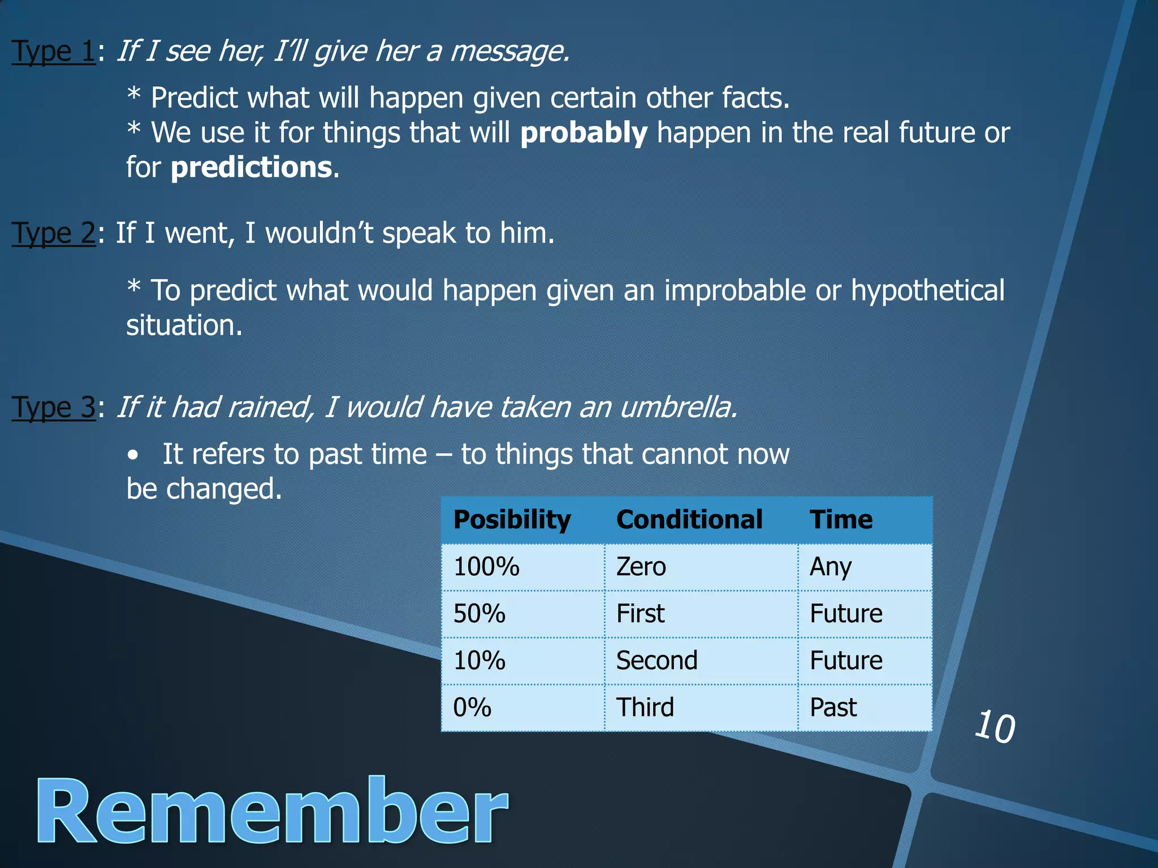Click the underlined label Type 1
pyautogui.click(x=54, y=52)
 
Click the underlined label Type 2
pyautogui.click(x=54, y=233)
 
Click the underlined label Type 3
pyautogui.click(x=54, y=407)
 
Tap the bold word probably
pyautogui.click(x=584, y=133)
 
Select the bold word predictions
pyautogui.click(x=251, y=168)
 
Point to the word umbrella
pyautogui.click(x=679, y=407)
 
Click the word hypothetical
pyautogui.click(x=927, y=290)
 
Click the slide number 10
pyautogui.click(x=995, y=727)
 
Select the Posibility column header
pyautogui.click(x=512, y=520)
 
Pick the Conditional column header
pyautogui.click(x=689, y=520)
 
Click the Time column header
pyautogui.click(x=841, y=520)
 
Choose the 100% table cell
pyautogui.click(x=486, y=567)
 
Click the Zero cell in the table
pyautogui.click(x=641, y=567)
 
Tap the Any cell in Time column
pyautogui.click(x=830, y=567)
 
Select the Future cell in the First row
pyautogui.click(x=846, y=614)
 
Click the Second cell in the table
pyautogui.click(x=656, y=661)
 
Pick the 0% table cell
pyautogui.click(x=472, y=708)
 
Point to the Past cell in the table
pyautogui.click(x=833, y=708)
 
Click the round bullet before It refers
pyautogui.click(x=132, y=455)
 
